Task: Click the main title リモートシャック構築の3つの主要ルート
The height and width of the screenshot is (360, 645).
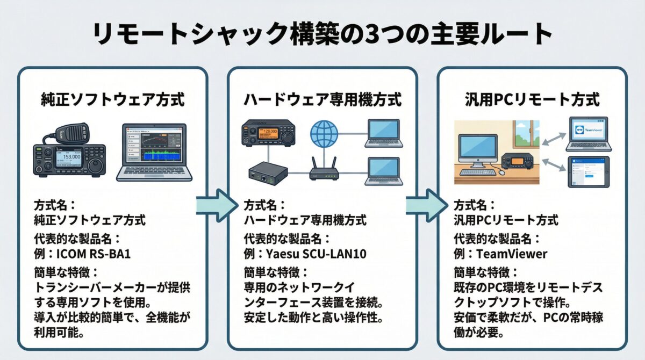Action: click(x=322, y=35)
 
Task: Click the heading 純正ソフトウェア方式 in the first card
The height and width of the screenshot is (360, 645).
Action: click(x=113, y=99)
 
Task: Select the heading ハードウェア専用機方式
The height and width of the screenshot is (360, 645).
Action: click(x=322, y=99)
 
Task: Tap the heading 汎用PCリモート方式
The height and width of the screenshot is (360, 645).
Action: click(x=532, y=99)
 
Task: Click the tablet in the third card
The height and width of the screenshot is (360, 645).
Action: click(x=589, y=172)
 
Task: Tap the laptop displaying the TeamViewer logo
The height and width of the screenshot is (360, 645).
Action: click(x=588, y=134)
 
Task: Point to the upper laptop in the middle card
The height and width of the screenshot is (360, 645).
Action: click(x=383, y=134)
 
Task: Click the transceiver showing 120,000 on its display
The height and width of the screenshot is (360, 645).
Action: click(x=266, y=134)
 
